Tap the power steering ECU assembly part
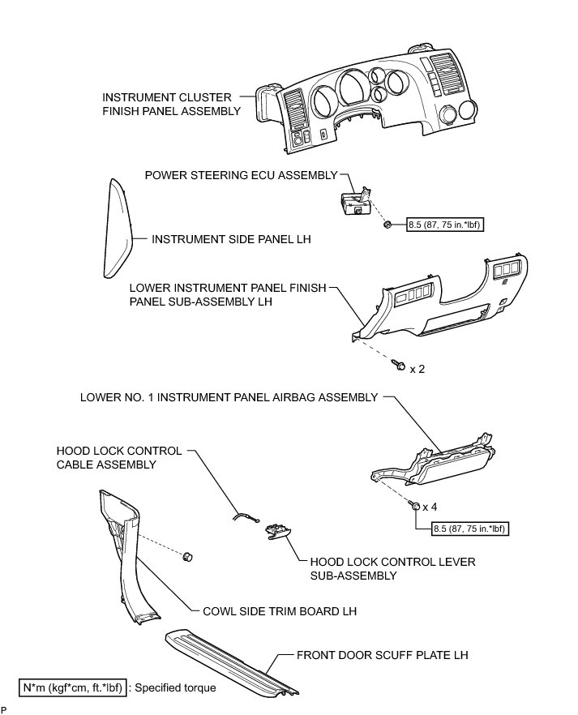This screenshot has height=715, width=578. tap(354, 203)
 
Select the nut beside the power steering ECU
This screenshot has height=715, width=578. tap(389, 224)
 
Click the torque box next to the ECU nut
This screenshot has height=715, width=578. tap(445, 225)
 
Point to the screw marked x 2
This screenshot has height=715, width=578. tap(399, 366)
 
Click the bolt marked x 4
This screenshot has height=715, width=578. tap(415, 506)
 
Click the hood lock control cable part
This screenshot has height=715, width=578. tap(243, 516)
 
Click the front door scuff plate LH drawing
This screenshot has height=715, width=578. tap(235, 656)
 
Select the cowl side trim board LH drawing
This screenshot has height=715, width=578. tap(122, 559)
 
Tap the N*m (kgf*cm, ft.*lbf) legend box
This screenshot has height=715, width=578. tap(72, 687)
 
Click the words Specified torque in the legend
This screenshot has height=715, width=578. tap(176, 687)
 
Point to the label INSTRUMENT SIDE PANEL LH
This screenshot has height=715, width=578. tap(231, 240)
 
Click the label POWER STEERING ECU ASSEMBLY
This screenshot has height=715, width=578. tap(240, 175)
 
